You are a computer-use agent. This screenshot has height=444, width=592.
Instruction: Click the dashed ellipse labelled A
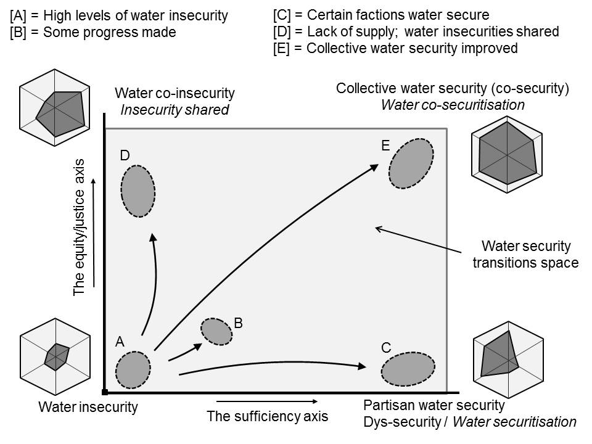(133, 369)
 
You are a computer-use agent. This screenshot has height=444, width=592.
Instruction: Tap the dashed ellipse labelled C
(407, 369)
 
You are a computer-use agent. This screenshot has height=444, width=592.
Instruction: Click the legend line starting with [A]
(118, 15)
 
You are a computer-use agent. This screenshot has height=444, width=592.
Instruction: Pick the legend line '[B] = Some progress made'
(93, 32)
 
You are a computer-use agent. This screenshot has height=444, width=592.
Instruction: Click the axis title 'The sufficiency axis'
(268, 415)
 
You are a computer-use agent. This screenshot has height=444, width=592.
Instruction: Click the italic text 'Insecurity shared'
(175, 110)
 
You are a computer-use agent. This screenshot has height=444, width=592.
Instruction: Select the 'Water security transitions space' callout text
(525, 255)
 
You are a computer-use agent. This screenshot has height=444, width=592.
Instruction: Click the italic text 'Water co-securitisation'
(453, 105)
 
